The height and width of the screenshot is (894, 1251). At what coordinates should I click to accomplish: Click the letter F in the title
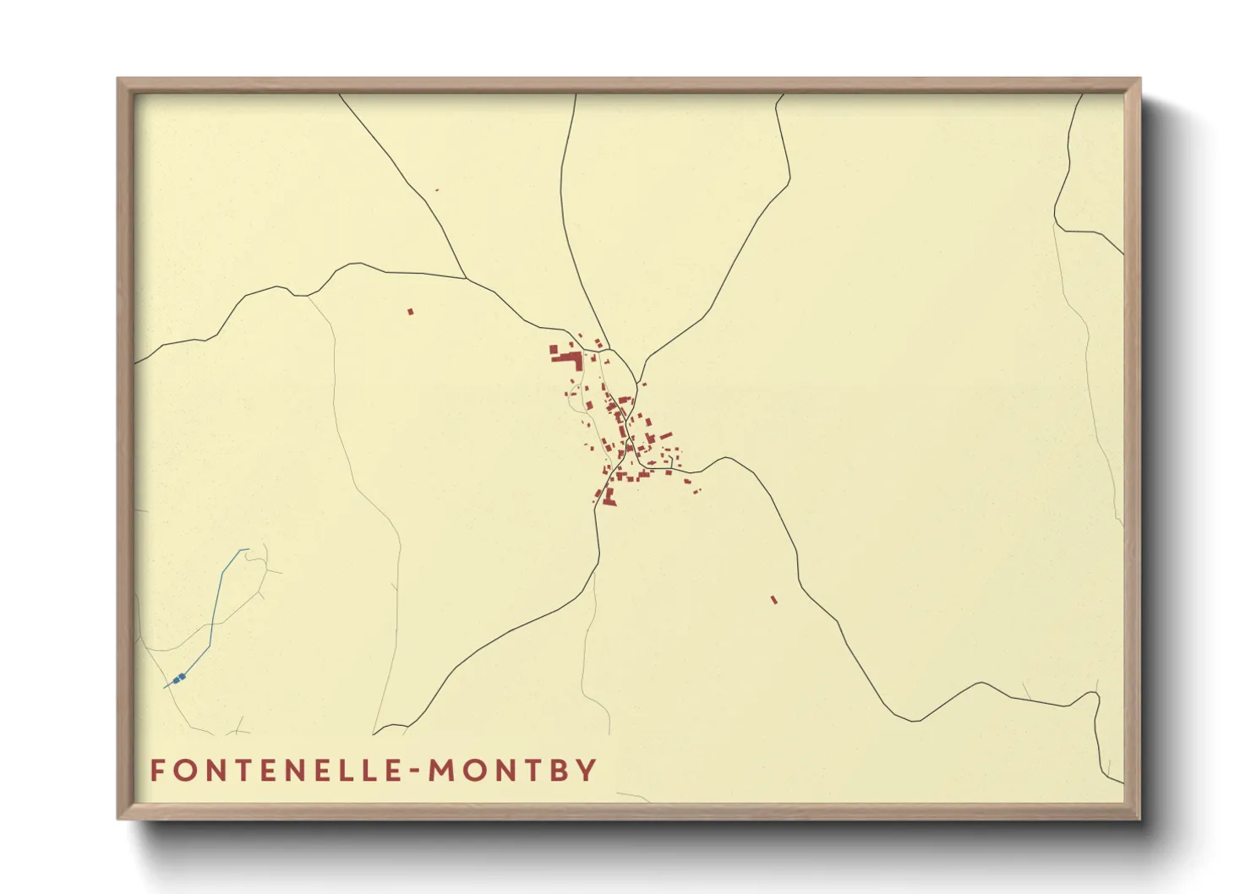tap(157, 771)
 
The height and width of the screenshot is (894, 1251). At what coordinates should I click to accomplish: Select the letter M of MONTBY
tap(444, 771)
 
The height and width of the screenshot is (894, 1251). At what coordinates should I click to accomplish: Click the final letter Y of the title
tap(587, 771)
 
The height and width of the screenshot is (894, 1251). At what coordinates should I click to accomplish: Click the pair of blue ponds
tap(178, 679)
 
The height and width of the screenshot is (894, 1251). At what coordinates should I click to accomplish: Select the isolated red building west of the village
tap(411, 312)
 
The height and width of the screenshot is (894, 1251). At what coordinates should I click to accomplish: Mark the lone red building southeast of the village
tap(773, 600)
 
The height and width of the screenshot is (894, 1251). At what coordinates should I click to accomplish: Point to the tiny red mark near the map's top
tap(436, 190)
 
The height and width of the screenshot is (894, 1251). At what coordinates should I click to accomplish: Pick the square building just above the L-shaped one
tap(554, 348)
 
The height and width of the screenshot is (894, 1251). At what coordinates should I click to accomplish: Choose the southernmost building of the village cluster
tap(609, 502)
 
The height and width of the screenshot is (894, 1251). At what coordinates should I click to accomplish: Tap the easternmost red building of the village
tap(698, 490)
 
